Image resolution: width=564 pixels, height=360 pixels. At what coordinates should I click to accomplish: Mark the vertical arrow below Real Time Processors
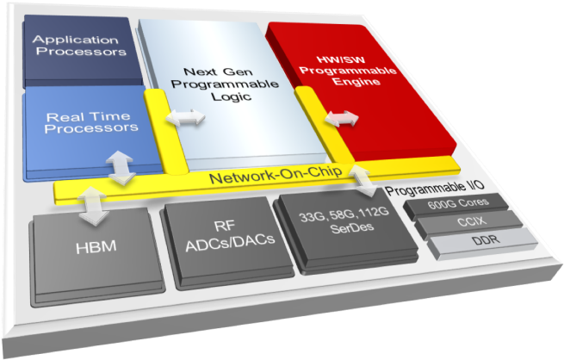click(121, 166)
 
